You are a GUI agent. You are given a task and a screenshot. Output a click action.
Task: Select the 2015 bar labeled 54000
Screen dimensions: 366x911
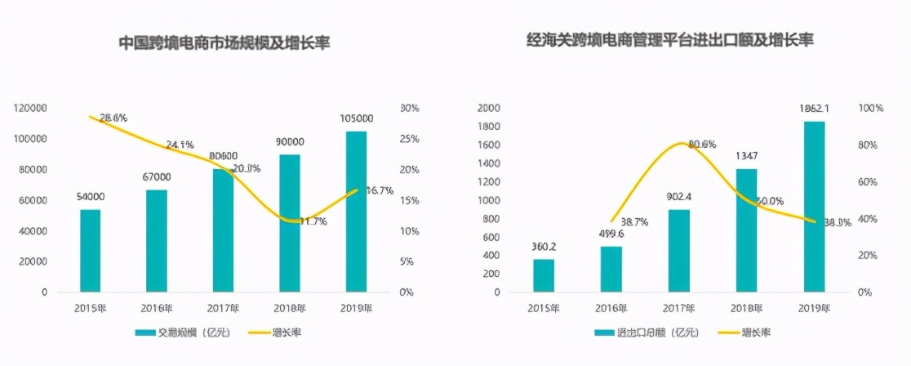(91, 250)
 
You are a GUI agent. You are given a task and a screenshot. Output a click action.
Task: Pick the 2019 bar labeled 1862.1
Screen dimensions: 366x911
(814, 206)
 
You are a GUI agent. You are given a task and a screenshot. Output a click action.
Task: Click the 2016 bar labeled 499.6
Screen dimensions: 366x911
(611, 269)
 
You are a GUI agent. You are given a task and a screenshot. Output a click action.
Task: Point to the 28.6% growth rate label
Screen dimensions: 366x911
(113, 118)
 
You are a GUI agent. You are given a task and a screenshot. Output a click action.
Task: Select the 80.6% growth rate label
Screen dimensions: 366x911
(701, 144)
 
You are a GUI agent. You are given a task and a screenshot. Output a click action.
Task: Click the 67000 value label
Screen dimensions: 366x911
(155, 176)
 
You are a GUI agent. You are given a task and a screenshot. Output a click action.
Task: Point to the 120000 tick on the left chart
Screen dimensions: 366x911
(29, 108)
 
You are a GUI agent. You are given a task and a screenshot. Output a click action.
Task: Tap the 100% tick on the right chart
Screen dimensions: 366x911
(872, 108)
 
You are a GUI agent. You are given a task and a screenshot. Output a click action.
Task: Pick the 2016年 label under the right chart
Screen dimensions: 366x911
(611, 308)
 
